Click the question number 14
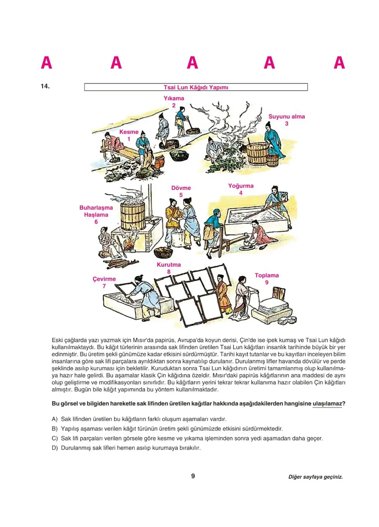coord(45,86)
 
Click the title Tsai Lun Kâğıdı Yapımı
coord(196,87)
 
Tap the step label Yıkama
coord(174,98)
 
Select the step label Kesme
coord(129,132)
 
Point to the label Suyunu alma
coord(286,116)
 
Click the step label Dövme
coord(181,188)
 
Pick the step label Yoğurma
coord(241,186)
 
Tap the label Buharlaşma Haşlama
coord(96,211)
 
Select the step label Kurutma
coord(168,265)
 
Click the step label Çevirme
coord(104,279)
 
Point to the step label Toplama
coord(267,275)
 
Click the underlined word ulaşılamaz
coord(327,404)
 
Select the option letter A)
coord(55,419)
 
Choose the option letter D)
coord(55,448)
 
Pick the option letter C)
coord(55,438)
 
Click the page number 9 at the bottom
coord(193,476)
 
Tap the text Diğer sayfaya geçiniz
coord(316,477)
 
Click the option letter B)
coord(55,429)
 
